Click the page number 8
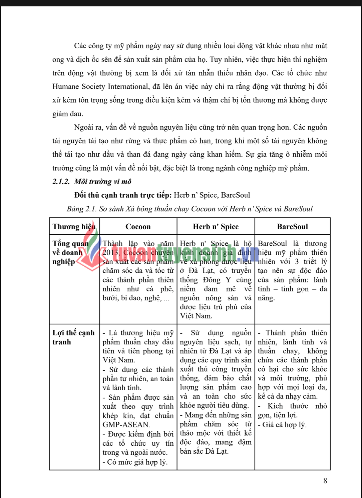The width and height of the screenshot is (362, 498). click(325, 481)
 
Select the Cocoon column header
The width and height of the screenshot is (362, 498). click(138, 226)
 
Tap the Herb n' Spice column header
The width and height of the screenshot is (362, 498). click(216, 226)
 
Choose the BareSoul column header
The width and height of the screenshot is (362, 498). click(292, 226)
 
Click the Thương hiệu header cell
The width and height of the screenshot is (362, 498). click(74, 226)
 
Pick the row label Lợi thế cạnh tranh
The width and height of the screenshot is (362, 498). click(73, 337)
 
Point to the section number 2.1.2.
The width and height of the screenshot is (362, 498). click(61, 182)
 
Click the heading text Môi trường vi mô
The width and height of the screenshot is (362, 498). click(103, 182)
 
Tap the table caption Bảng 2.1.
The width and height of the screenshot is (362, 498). click(81, 209)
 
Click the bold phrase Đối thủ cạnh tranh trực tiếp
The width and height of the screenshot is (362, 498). click(123, 195)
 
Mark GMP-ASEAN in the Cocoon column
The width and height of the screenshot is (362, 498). click(126, 425)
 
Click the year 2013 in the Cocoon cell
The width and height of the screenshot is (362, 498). click(110, 253)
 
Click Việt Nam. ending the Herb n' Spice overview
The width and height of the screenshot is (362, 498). click(196, 316)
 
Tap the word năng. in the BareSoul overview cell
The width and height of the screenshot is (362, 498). click(266, 298)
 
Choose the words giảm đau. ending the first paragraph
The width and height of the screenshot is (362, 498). click(68, 114)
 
